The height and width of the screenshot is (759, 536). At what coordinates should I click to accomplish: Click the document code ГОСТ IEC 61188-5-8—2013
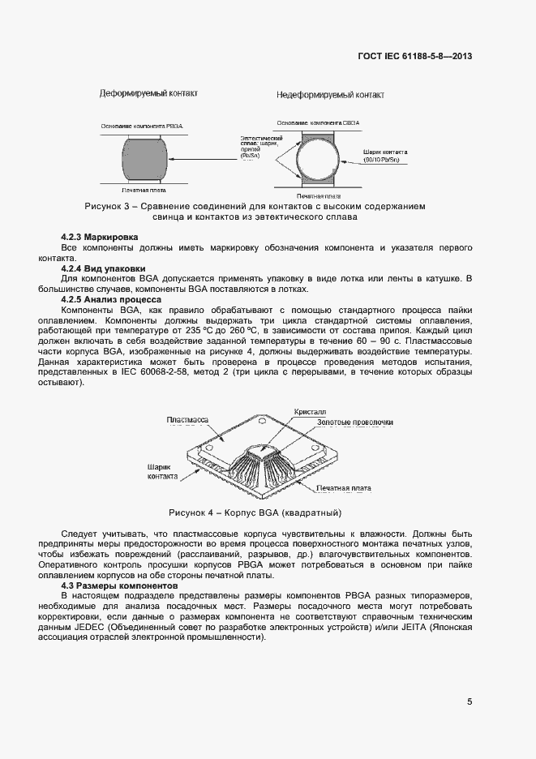pyautogui.click(x=414, y=57)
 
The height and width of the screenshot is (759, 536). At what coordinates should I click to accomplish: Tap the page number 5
pyautogui.click(x=470, y=702)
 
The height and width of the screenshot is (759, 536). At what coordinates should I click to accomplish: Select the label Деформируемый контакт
pyautogui.click(x=148, y=94)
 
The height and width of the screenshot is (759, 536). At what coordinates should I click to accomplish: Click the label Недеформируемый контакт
pyautogui.click(x=330, y=95)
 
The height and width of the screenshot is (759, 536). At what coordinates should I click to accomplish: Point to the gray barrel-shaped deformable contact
pyautogui.click(x=145, y=159)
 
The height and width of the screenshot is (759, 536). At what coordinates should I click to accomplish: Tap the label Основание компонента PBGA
pyautogui.click(x=144, y=126)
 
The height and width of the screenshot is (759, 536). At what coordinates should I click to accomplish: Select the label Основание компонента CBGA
pyautogui.click(x=317, y=122)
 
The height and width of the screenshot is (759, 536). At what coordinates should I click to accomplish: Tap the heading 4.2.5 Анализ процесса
pyautogui.click(x=112, y=300)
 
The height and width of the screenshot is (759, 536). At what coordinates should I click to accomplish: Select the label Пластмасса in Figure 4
pyautogui.click(x=187, y=419)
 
